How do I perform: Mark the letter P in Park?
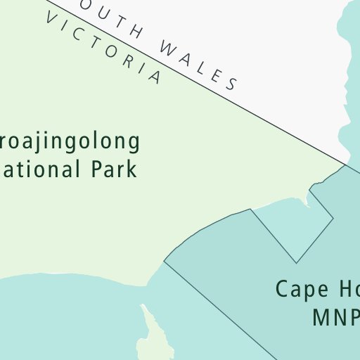(98, 169)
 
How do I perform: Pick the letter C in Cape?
(282, 289)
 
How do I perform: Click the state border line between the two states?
(281, 129)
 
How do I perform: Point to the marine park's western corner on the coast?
(165, 262)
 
